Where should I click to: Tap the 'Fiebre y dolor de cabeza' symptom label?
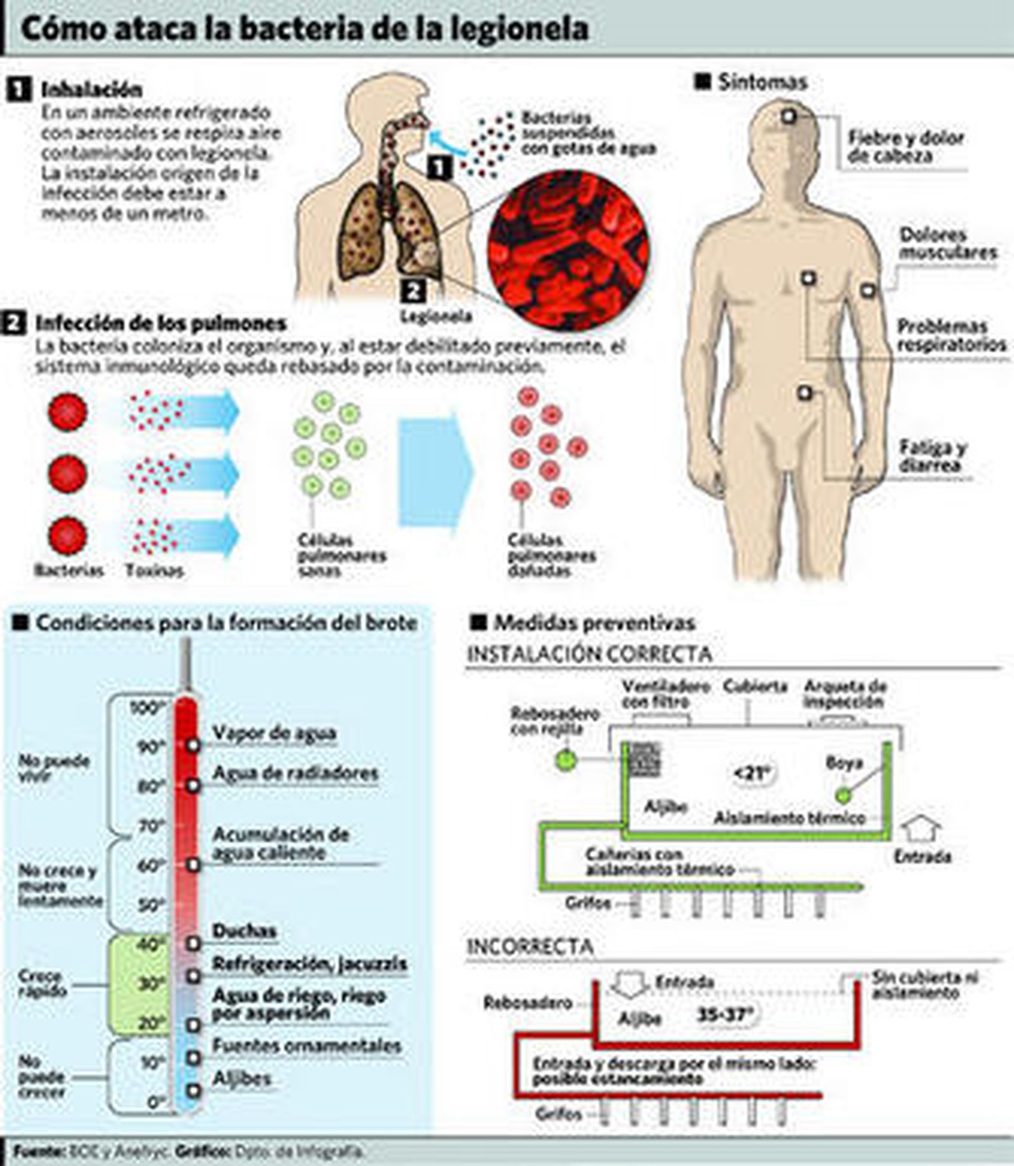tap(905, 147)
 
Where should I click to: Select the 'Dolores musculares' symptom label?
tap(948, 243)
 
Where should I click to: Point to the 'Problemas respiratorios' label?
tap(951, 335)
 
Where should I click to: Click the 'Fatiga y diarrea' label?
tap(932, 457)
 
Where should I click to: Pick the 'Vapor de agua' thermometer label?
tap(274, 733)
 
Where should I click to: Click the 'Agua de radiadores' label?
tap(295, 773)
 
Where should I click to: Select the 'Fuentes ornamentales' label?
tap(307, 1046)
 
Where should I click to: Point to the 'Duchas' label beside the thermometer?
tap(244, 931)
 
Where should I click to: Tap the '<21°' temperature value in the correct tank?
tap(753, 774)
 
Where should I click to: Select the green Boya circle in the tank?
tap(842, 794)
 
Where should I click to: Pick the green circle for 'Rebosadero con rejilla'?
tap(566, 760)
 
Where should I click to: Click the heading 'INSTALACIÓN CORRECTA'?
tap(589, 654)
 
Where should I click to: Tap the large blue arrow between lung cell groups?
tap(435, 472)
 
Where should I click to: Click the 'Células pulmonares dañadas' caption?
tap(551, 555)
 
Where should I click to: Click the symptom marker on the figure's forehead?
tap(788, 117)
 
